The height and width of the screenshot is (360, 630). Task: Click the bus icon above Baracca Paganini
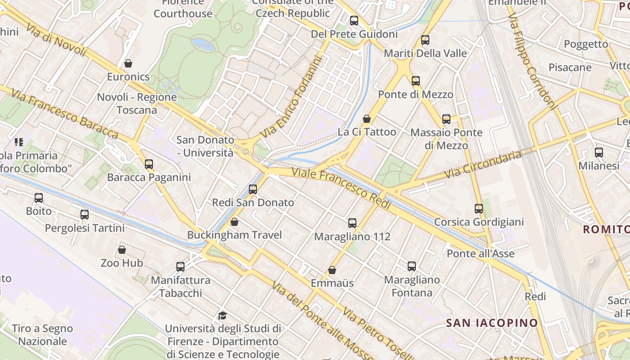(149, 164)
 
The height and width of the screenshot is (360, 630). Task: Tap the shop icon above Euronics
(128, 63)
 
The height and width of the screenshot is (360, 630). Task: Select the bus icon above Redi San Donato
(253, 189)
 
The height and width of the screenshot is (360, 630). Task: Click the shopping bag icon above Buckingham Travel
(234, 222)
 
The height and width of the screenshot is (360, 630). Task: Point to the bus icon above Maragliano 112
(352, 223)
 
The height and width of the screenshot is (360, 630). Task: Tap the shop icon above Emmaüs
(332, 270)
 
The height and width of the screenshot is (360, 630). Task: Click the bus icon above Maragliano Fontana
(412, 266)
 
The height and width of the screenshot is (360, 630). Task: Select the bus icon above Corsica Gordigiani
(479, 209)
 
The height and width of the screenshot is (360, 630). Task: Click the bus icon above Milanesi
(599, 153)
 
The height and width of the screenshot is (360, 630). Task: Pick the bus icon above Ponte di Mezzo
(416, 81)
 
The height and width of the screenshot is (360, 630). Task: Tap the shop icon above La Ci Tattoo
(367, 119)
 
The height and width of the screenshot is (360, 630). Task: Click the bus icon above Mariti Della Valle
(425, 40)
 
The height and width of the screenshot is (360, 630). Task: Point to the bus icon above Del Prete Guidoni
(354, 21)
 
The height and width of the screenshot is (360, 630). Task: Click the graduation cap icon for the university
(222, 315)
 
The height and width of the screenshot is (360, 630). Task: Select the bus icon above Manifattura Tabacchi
(180, 267)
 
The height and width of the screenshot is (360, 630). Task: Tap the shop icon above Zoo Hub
(121, 250)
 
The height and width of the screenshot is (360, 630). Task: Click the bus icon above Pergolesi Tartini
(85, 215)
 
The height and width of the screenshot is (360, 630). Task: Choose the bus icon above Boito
(39, 198)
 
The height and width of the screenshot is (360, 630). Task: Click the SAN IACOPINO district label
(492, 323)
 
